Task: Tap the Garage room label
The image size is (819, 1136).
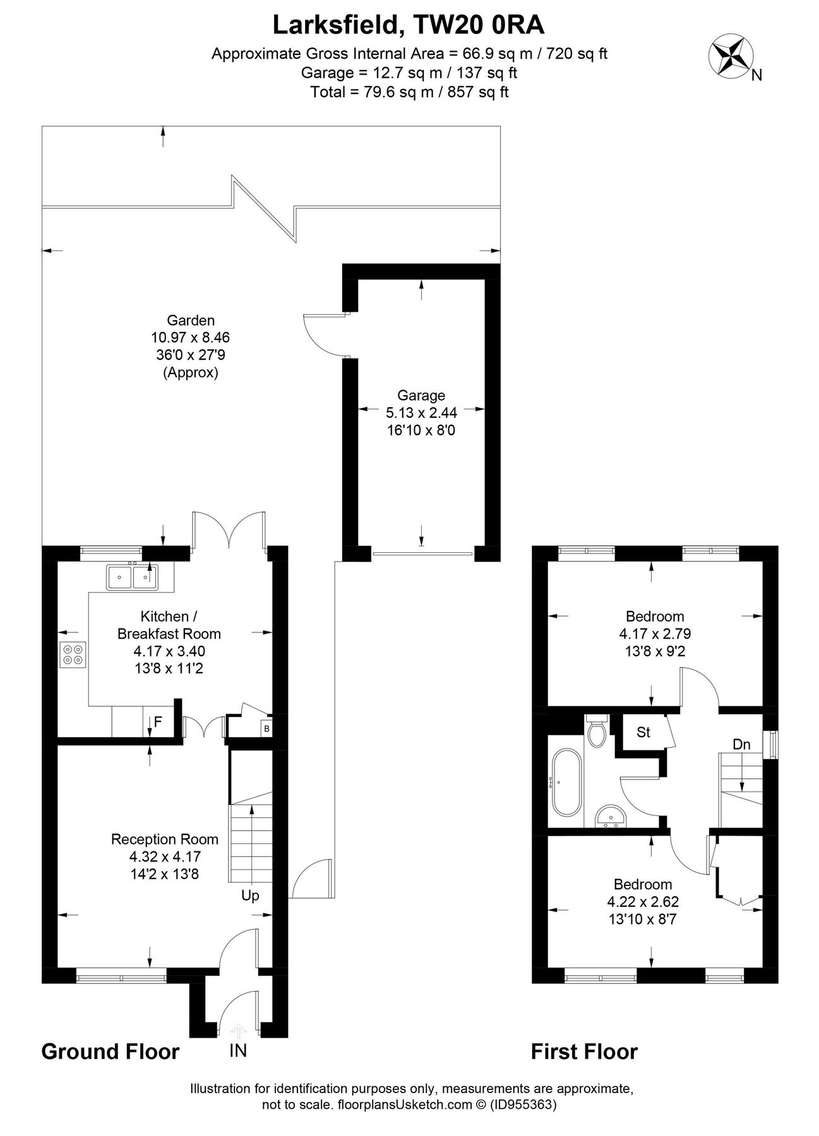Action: coord(421,396)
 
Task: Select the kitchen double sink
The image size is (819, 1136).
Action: coord(133,576)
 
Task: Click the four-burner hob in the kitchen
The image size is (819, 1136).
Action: coord(73,654)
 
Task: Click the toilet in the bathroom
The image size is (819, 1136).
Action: coord(596,732)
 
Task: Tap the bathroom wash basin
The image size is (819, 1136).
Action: coord(610,815)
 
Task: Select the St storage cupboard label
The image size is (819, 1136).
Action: coord(643,732)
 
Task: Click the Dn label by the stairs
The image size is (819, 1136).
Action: coord(741,745)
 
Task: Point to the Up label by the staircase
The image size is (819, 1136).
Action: coord(250,896)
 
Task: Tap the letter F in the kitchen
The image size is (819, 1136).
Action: coord(158,721)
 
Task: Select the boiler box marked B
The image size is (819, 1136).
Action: coord(266,728)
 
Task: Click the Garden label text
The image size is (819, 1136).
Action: coord(191,321)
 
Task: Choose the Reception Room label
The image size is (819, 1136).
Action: coord(165,839)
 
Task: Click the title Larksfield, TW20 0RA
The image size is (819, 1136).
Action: coord(409,26)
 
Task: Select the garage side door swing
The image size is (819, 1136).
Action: coord(322,333)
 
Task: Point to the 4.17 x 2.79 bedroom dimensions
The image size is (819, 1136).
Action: coord(654,634)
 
